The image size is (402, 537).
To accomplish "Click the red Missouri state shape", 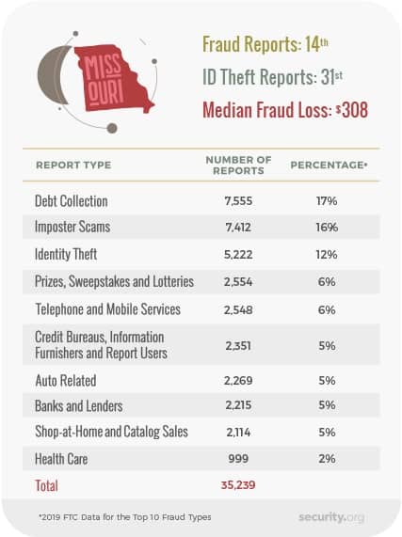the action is (109, 79).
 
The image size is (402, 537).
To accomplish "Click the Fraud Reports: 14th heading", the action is (265, 44).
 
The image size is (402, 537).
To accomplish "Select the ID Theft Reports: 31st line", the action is (272, 77).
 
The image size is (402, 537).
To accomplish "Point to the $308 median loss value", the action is (351, 110).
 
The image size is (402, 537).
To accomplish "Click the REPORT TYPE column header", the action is (73, 166).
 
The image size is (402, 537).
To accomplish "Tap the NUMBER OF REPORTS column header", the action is (238, 166).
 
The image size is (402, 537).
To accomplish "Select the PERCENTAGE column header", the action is (329, 166).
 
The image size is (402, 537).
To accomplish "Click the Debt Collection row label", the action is (72, 201).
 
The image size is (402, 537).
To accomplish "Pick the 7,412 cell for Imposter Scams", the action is (238, 227).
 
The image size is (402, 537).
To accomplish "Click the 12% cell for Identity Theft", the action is (327, 255).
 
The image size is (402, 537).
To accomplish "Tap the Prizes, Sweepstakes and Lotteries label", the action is (114, 281).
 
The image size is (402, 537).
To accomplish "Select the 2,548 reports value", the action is (238, 310).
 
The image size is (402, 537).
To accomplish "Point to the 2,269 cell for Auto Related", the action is (238, 381).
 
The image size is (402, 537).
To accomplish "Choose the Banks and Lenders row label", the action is (79, 406).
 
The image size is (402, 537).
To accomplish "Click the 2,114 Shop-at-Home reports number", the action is (238, 433).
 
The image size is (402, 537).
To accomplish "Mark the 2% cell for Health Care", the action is (327, 459).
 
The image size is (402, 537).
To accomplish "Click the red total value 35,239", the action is (238, 485).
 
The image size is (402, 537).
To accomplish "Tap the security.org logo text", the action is (331, 517).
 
